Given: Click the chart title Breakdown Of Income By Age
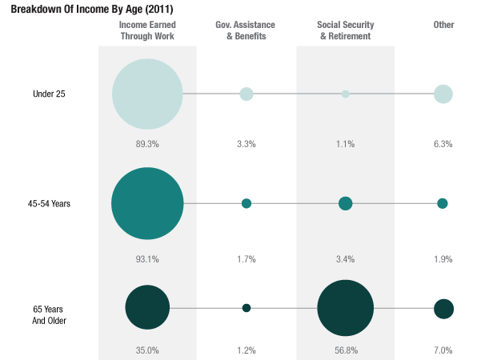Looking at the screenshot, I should (91, 9).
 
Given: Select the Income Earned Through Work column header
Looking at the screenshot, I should (147, 30).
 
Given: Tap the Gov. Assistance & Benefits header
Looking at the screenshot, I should (246, 30).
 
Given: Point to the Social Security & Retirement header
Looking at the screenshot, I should (345, 30).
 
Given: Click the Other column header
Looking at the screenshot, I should (443, 25).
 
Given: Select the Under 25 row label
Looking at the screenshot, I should (49, 94).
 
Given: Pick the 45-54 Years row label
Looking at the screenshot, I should (49, 203).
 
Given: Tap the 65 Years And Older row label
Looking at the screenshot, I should (49, 314).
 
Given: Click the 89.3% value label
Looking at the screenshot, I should (147, 144).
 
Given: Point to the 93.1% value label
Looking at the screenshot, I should (147, 259).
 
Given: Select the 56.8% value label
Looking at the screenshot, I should (345, 350).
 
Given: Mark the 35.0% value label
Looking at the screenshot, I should (147, 350).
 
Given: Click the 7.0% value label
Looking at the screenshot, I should (443, 350).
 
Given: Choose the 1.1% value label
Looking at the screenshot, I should (345, 144).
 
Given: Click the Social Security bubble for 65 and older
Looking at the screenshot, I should (345, 308).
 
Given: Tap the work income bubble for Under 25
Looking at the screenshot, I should (147, 94).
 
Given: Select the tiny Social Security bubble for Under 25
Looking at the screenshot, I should (345, 94).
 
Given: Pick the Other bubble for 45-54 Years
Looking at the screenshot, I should (443, 203).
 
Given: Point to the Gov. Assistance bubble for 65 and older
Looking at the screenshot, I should (246, 308).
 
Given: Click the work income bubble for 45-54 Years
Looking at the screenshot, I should (147, 203).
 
